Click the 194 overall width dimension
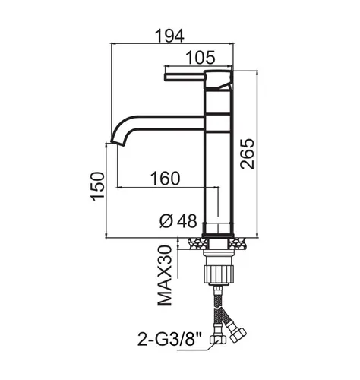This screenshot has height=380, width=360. click(169, 36)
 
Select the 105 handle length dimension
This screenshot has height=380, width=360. click(201, 58)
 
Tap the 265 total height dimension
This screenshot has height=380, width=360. click(247, 154)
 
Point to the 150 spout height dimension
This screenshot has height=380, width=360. click(98, 186)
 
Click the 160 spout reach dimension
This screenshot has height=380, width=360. click(166, 179)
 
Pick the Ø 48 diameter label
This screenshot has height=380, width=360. click(178, 221)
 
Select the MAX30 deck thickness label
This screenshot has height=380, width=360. click(165, 275)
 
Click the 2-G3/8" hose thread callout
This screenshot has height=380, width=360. click(169, 339)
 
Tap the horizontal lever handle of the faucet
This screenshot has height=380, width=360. click(185, 78)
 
